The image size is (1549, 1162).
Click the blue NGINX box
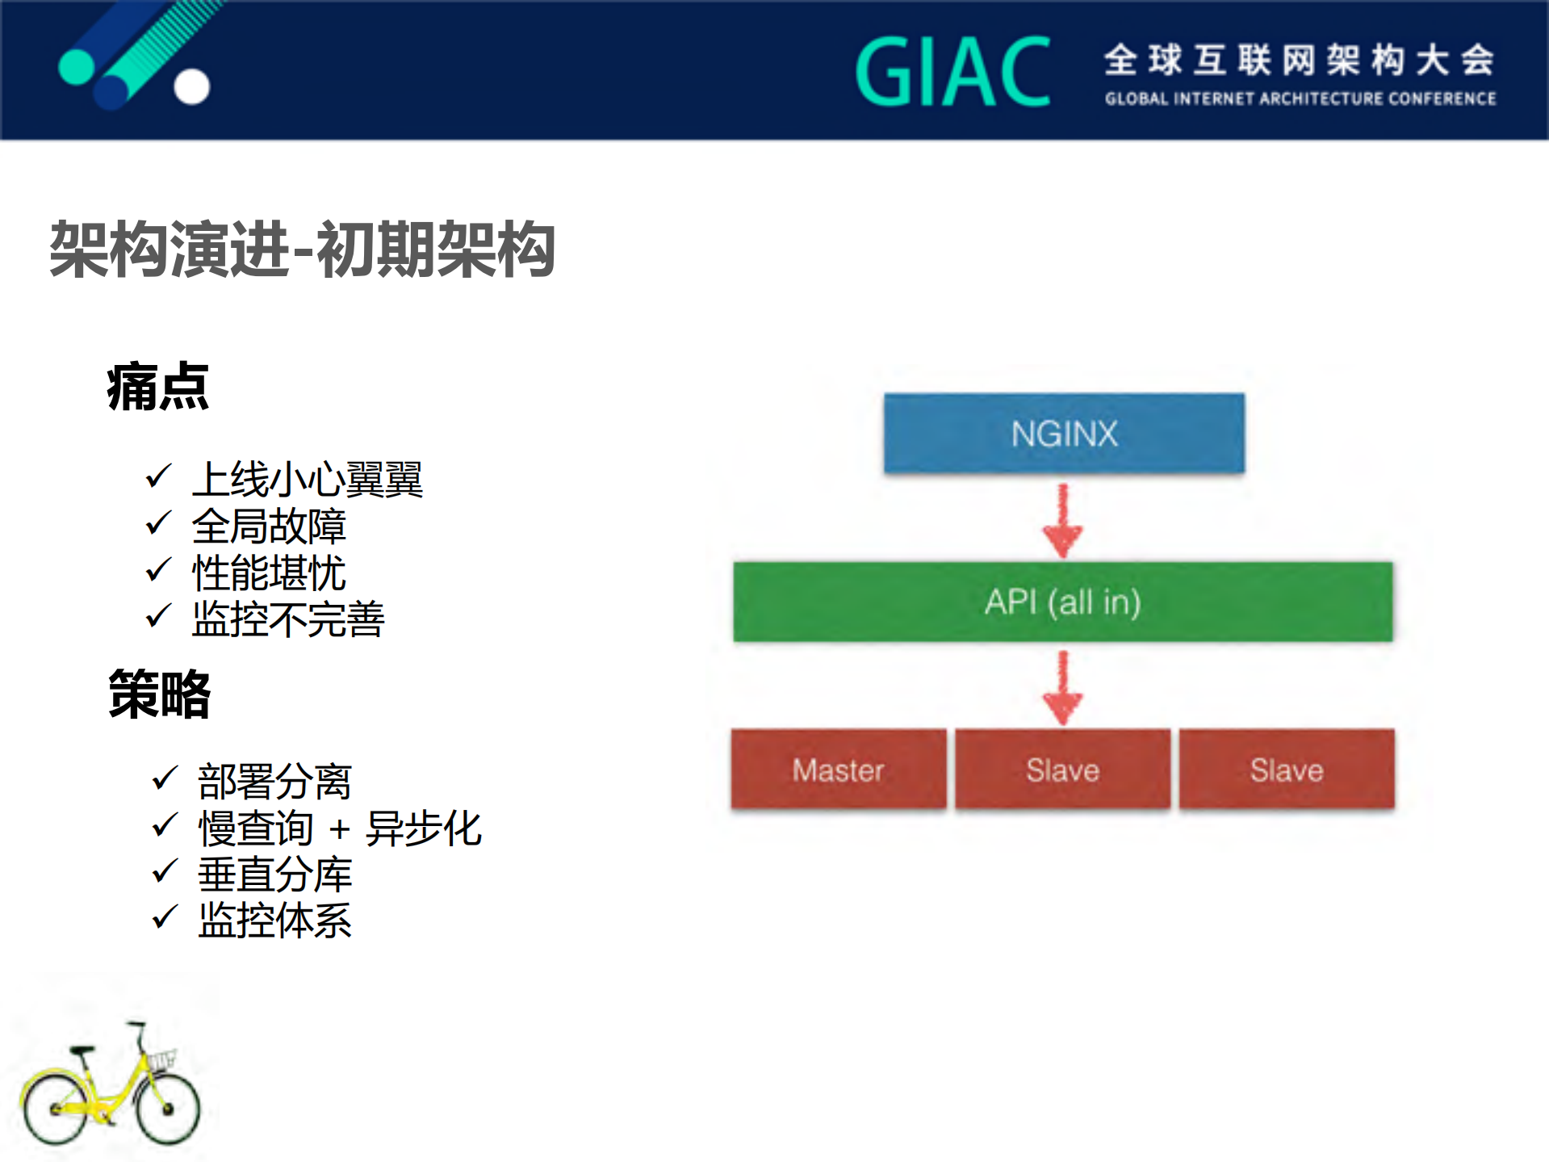click(x=1064, y=434)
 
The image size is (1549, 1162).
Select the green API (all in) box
click(x=1062, y=602)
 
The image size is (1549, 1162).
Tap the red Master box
click(x=838, y=770)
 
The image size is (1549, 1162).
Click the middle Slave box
click(x=1062, y=770)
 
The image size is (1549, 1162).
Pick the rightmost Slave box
click(x=1287, y=770)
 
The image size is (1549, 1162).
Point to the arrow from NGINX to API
click(x=1063, y=521)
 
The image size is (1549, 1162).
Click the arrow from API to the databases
click(x=1063, y=688)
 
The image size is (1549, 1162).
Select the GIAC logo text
click(x=952, y=73)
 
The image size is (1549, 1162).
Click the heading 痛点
click(x=158, y=388)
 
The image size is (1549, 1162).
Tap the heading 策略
click(x=160, y=694)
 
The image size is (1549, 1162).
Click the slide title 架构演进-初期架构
click(x=302, y=250)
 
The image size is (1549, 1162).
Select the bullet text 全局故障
click(x=269, y=526)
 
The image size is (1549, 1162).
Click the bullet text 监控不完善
click(x=288, y=620)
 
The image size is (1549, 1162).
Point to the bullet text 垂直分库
click(x=275, y=875)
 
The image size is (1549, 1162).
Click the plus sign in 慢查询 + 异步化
click(x=340, y=830)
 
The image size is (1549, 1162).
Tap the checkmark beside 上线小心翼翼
click(x=158, y=476)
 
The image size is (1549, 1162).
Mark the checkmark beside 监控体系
click(x=165, y=917)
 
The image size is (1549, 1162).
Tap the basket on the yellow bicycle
click(x=161, y=1059)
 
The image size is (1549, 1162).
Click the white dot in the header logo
click(x=192, y=86)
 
